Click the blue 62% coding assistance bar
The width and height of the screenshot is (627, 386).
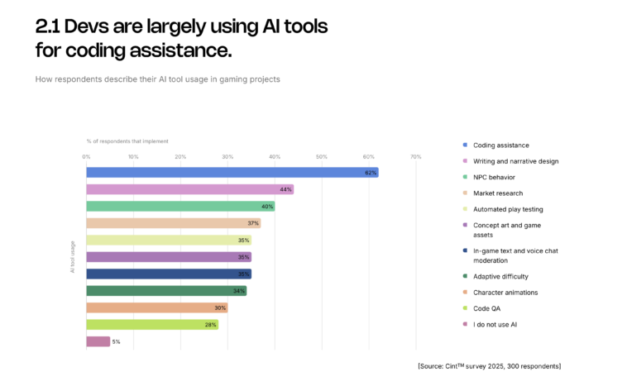coord(232,173)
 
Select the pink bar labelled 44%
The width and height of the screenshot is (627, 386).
coord(189,189)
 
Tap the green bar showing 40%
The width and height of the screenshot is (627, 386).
coord(180,207)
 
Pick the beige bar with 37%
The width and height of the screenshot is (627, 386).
coord(173,223)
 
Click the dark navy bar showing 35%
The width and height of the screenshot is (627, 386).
coord(169,274)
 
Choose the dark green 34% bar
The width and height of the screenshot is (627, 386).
coord(166,291)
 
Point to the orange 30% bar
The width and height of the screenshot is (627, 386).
coord(156,307)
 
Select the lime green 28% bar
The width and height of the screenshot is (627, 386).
coord(152,325)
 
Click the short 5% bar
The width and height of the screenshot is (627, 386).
coord(98,341)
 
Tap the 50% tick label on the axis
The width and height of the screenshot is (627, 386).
coord(322,156)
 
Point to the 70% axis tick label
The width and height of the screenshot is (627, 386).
coord(415,156)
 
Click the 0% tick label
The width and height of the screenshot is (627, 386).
coord(87,156)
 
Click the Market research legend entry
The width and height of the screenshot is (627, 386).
coord(499,193)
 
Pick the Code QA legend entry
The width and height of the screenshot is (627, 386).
coord(487,307)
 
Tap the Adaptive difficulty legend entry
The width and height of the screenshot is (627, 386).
coord(500,276)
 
